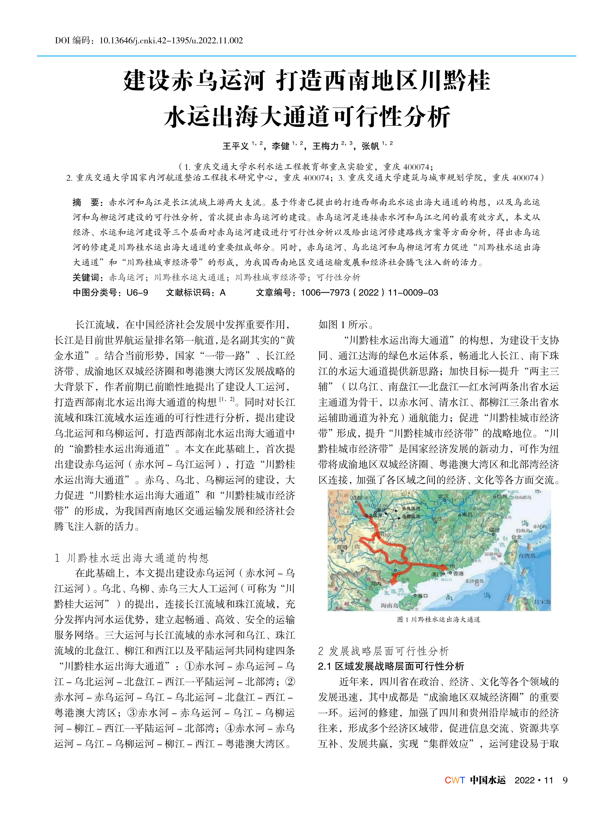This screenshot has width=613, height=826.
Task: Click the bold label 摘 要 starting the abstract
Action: [x=86, y=202]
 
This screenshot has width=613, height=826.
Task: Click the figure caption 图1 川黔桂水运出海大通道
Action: [x=439, y=619]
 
